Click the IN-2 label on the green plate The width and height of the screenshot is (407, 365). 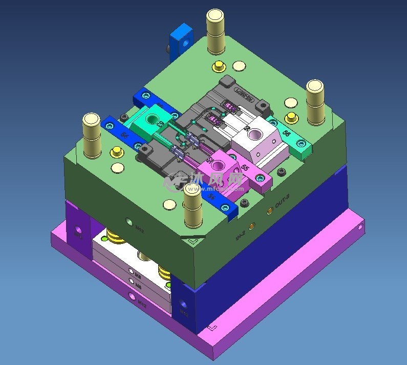coord(240,235)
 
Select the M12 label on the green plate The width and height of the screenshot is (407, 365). coord(139,230)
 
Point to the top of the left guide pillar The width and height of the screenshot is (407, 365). coord(92,121)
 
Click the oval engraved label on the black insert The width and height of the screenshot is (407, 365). coord(244,94)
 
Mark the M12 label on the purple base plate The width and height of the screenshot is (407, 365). coord(142,303)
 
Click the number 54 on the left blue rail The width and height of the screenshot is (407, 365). coord(125,134)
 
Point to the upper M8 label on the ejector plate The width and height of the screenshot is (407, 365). coord(138,273)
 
